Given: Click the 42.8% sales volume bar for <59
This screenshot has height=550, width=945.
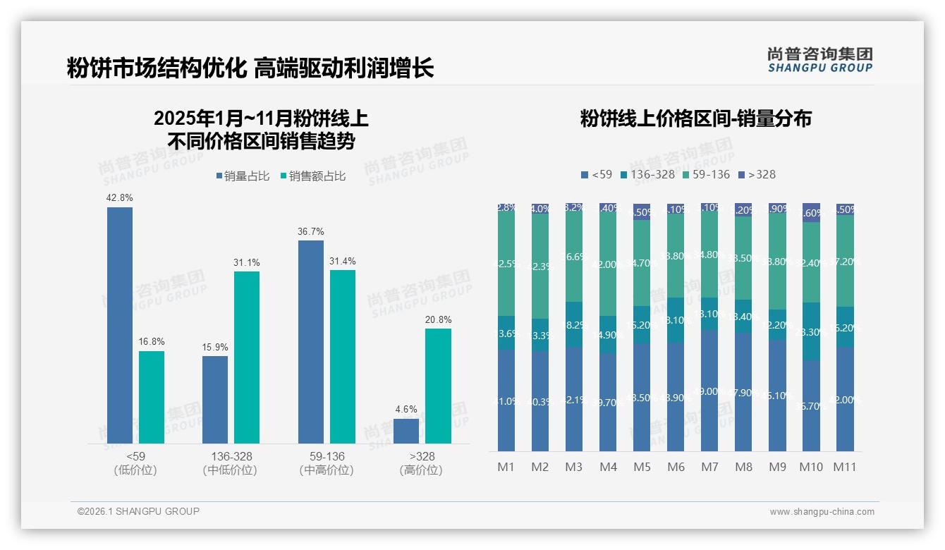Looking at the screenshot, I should (120, 325).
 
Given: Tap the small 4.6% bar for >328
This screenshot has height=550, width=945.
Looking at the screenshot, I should (406, 431).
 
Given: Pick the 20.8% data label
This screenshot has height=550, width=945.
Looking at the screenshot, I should (438, 320).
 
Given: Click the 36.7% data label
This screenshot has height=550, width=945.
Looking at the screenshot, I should (311, 232).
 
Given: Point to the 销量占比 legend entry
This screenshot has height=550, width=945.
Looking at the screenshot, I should (243, 176).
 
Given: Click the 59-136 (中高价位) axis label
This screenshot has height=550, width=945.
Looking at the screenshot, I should (327, 463).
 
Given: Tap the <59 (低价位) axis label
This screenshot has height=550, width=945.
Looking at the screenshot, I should (135, 463).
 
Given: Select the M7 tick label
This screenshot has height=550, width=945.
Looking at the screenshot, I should (710, 467).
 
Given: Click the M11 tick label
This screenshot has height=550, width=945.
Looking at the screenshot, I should (845, 467).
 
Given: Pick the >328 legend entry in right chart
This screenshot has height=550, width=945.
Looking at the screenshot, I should (757, 174).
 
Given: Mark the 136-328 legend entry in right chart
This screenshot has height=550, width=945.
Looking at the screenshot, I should (647, 174).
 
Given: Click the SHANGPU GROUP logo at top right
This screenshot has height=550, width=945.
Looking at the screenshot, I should (820, 59).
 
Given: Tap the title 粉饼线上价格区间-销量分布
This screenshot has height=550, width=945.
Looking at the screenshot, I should (696, 118).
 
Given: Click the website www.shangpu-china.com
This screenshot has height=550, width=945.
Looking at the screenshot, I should (822, 512).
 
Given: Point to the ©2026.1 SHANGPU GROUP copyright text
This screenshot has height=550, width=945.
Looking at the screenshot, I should (138, 511).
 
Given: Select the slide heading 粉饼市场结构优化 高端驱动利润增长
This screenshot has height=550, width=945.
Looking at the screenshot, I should (250, 68).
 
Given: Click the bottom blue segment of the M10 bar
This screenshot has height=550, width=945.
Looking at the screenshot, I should (812, 405).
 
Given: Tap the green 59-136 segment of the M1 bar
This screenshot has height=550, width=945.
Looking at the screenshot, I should (506, 263).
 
